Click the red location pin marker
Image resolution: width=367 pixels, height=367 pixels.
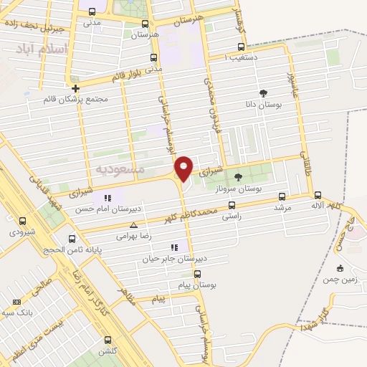183,168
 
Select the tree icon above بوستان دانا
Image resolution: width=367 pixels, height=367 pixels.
263,92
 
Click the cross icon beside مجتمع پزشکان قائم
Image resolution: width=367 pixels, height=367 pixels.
75,88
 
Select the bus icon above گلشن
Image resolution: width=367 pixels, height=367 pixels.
108,340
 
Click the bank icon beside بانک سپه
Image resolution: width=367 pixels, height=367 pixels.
17,303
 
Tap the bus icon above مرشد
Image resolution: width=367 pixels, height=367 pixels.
282,196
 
